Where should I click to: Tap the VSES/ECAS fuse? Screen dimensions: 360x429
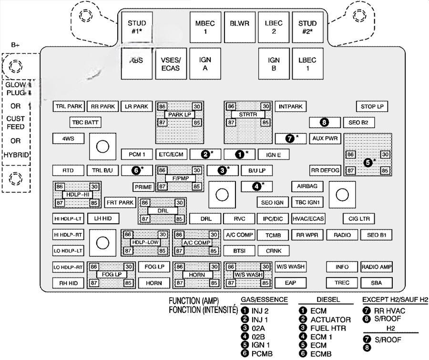click(170, 64)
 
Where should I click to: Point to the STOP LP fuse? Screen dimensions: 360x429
click(372, 107)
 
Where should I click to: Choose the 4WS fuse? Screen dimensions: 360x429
click(69, 139)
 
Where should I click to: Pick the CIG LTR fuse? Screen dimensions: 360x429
click(358, 219)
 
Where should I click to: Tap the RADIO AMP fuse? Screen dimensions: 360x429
click(377, 267)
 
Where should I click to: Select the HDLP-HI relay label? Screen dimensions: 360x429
click(76, 195)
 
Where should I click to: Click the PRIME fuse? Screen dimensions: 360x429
click(143, 187)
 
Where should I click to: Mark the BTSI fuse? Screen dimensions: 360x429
click(239, 250)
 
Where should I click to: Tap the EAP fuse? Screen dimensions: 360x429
click(290, 283)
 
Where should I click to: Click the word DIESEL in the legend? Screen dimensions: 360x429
click(328, 300)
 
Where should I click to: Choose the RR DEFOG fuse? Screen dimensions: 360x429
click(325, 170)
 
